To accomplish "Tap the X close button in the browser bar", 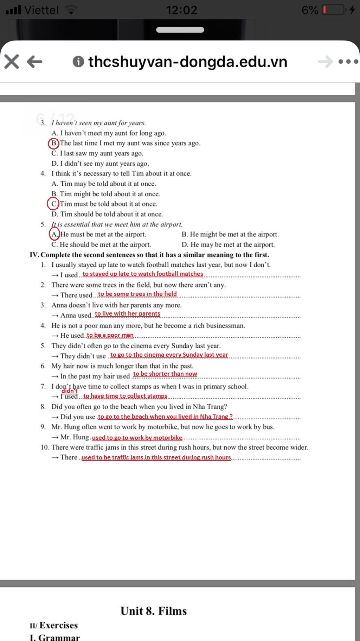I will (x=12, y=62).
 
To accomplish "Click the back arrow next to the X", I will (x=34, y=62).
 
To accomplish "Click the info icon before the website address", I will (x=78, y=62).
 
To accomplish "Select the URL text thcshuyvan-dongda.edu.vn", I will (x=188, y=62).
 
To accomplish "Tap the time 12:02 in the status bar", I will (x=181, y=10).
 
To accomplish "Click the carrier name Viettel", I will (x=41, y=10).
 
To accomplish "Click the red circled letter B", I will (x=54, y=143).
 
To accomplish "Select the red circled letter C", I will (x=53, y=204).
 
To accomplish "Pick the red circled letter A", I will (x=54, y=234).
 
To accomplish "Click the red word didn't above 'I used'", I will (x=69, y=391).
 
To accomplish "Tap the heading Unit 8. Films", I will (x=154, y=611).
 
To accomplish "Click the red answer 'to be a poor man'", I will (x=110, y=335).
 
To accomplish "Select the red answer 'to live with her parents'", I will (x=127, y=313).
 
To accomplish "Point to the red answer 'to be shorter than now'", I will (x=165, y=374).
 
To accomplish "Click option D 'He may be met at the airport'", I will (x=228, y=245).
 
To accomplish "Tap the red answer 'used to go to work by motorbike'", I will (x=137, y=438).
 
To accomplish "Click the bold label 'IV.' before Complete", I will (x=34, y=255).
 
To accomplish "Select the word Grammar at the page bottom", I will (x=59, y=637).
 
